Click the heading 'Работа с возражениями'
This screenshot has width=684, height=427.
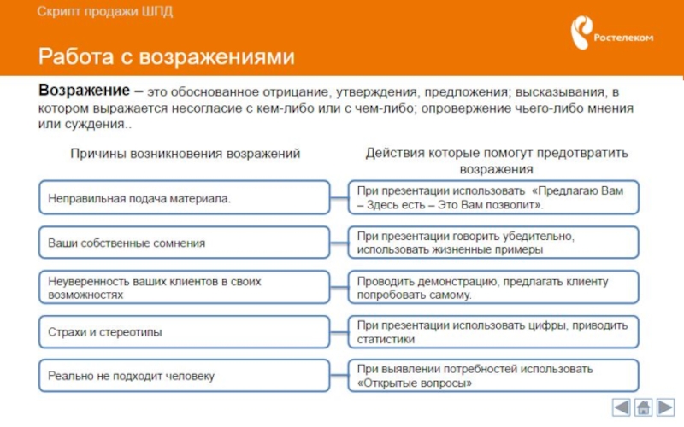point(166,57)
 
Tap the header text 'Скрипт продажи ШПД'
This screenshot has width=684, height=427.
point(103,12)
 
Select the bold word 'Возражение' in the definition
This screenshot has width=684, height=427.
point(84,91)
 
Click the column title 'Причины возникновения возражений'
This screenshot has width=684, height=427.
point(185,154)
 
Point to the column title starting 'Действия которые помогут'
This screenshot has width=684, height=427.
point(497,161)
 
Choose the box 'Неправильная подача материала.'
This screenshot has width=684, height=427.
point(184,197)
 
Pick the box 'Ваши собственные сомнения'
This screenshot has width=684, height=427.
point(184,243)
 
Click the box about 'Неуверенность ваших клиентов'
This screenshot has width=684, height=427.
point(184,287)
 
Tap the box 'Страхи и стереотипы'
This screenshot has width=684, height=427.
point(184,331)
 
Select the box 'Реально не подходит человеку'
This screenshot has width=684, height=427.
point(184,376)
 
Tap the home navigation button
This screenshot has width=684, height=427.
point(644,407)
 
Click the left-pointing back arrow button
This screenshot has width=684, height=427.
point(622,407)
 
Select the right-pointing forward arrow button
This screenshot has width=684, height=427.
point(666,407)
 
